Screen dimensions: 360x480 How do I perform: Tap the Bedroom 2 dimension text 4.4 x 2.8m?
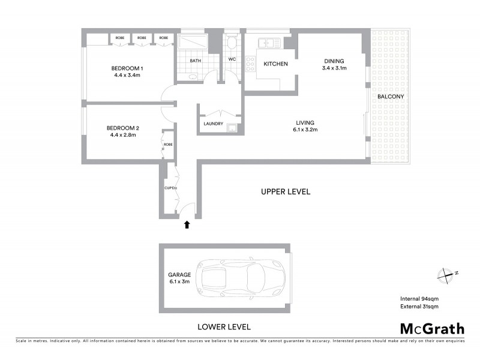pyautogui.click(x=122, y=135)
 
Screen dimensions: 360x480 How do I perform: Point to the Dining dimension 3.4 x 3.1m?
pyautogui.click(x=335, y=68)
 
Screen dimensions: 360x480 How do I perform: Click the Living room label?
pyautogui.click(x=305, y=121)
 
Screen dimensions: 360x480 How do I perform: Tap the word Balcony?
pyautogui.click(x=390, y=97)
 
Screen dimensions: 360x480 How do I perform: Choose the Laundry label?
pyautogui.click(x=214, y=124)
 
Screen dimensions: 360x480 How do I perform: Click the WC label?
pyautogui.click(x=232, y=59)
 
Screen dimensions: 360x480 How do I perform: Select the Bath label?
pyautogui.click(x=196, y=61)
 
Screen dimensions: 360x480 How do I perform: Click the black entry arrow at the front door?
pyautogui.click(x=187, y=225)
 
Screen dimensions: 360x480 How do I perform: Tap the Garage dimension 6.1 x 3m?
pyautogui.click(x=179, y=281)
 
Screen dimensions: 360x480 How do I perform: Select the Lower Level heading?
pyautogui.click(x=224, y=327)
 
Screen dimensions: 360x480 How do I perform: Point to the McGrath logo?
pyautogui.click(x=431, y=328)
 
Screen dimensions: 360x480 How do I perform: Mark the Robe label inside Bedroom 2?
pyautogui.click(x=168, y=145)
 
